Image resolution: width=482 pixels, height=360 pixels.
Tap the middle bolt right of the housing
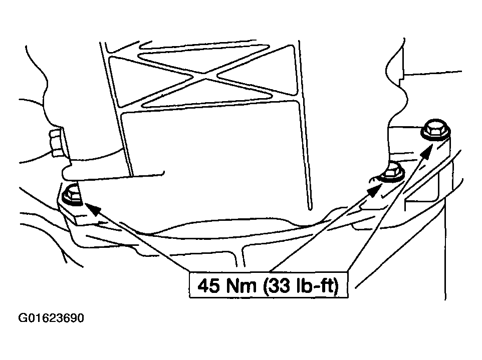392,172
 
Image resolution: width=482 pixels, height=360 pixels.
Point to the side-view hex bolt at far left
55,142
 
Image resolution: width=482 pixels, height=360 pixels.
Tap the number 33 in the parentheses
279,286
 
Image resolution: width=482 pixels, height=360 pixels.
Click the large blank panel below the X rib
210,160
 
